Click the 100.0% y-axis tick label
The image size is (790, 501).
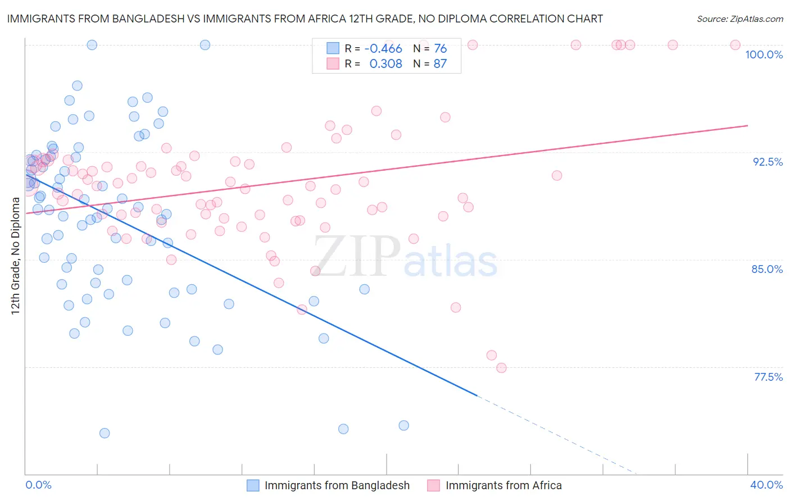click(x=764, y=54)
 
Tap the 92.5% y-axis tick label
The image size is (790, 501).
click(x=768, y=162)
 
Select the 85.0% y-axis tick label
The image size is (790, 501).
click(x=767, y=269)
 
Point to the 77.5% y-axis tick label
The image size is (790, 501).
click(x=768, y=377)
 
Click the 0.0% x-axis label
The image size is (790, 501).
click(x=38, y=485)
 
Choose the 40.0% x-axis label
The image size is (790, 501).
click(x=766, y=485)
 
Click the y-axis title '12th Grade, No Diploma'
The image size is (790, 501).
click(x=16, y=256)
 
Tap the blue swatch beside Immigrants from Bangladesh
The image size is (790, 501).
click(x=253, y=485)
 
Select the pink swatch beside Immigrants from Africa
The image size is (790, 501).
click(x=433, y=485)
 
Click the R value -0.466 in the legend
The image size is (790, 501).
click(x=383, y=49)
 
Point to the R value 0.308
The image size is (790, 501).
click(x=385, y=64)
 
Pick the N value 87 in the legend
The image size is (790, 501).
click(x=440, y=64)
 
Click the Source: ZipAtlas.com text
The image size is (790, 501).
click(x=739, y=19)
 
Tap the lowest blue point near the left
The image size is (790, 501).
click(x=105, y=433)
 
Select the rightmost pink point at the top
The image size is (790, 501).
click(x=735, y=45)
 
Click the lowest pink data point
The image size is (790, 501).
click(x=501, y=368)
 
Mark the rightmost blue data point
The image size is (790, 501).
click(x=403, y=426)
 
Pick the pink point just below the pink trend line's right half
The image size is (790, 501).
click(x=556, y=175)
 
